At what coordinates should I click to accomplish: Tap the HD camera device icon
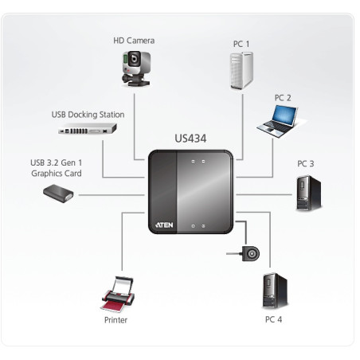pos(135,68)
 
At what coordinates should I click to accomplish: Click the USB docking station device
pos(88,128)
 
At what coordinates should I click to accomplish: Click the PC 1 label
pos(241,44)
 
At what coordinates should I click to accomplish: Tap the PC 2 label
pos(283,97)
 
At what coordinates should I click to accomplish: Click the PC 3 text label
pos(306,164)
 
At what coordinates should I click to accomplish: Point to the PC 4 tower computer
pos(272,291)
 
